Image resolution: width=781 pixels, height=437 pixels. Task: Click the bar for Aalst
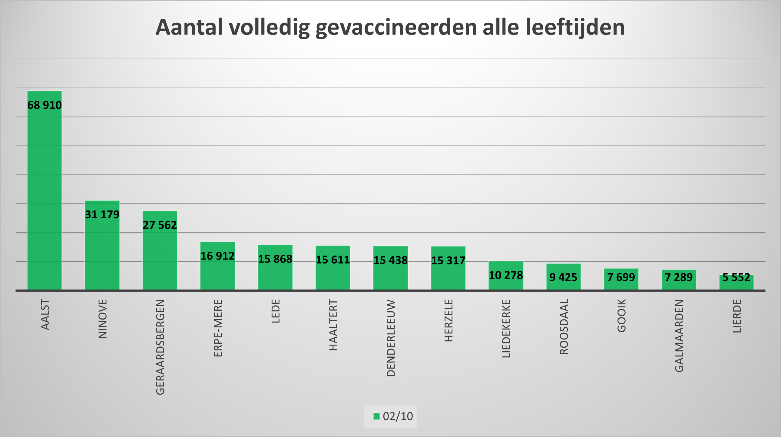tap(45, 197)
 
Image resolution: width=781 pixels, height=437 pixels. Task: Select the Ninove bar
tap(102, 252)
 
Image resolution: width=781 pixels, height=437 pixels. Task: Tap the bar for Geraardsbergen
tap(160, 258)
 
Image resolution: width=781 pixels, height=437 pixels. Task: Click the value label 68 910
tap(45, 105)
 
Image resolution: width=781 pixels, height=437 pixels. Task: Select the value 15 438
tap(391, 260)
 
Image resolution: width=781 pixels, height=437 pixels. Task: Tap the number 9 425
tap(563, 277)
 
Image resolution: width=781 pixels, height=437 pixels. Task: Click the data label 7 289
tap(679, 277)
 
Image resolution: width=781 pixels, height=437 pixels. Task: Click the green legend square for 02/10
tap(376, 416)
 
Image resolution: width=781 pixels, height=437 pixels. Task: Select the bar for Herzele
tap(448, 273)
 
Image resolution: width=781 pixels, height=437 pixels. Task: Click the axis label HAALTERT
tap(333, 325)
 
